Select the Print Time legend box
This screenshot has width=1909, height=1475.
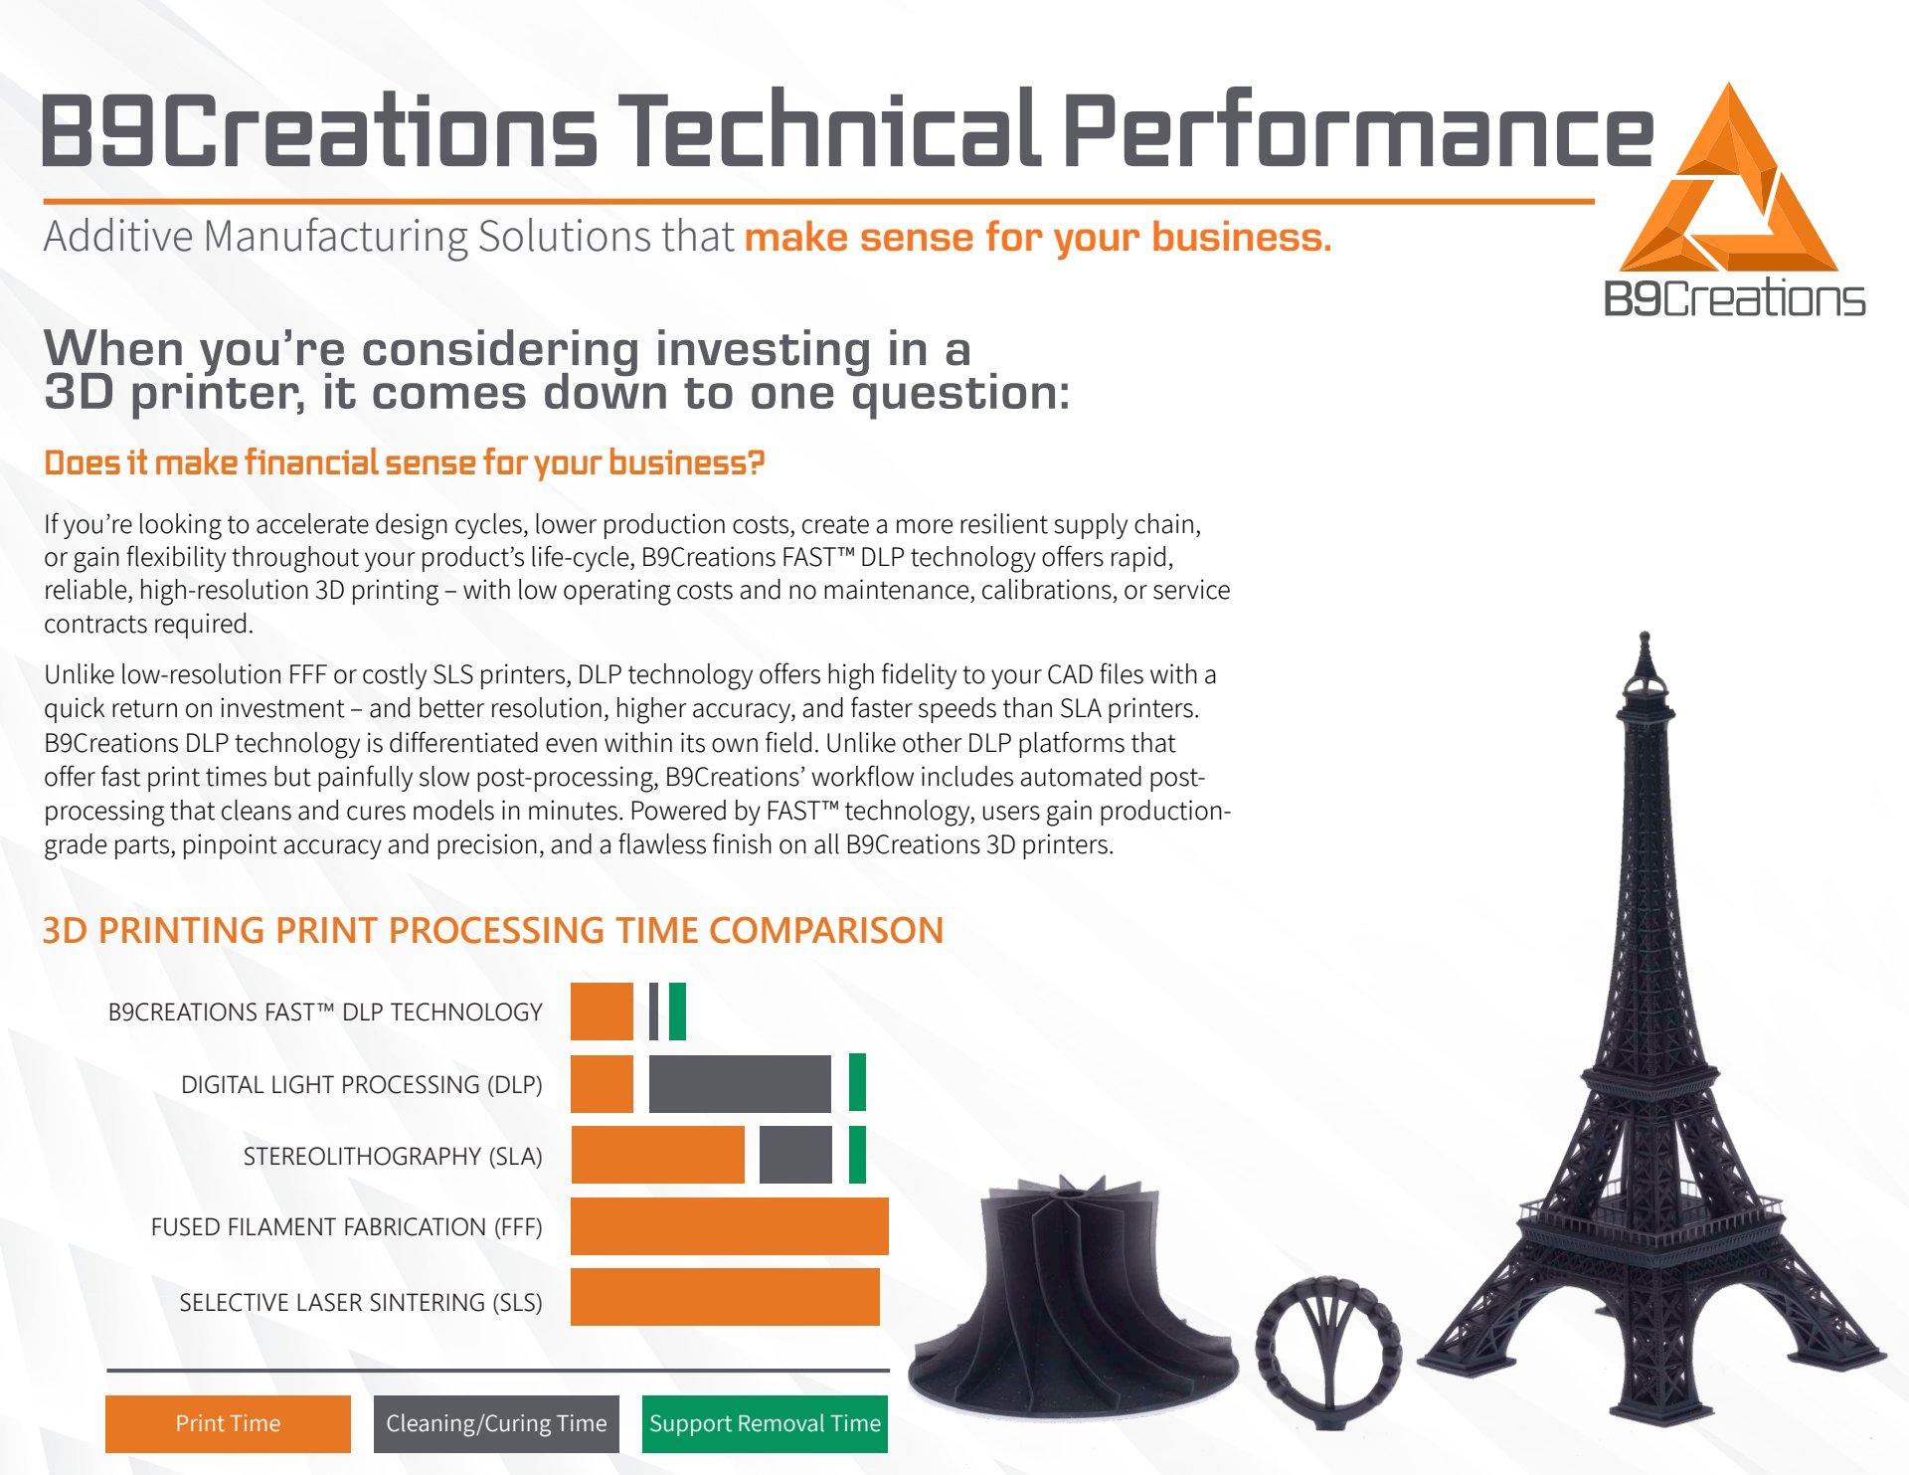pyautogui.click(x=228, y=1423)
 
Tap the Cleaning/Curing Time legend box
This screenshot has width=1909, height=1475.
pyautogui.click(x=496, y=1423)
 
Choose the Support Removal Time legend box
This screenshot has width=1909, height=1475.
pyautogui.click(x=765, y=1423)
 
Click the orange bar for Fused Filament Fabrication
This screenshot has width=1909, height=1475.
pyautogui.click(x=730, y=1226)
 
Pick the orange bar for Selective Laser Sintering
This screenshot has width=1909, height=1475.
pyautogui.click(x=725, y=1297)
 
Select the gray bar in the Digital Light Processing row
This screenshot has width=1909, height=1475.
pyautogui.click(x=740, y=1083)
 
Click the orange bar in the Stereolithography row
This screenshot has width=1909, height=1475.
pyautogui.click(x=657, y=1155)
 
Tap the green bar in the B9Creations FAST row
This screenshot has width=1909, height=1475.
pyautogui.click(x=677, y=1012)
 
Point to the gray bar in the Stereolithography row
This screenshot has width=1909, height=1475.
pyautogui.click(x=795, y=1155)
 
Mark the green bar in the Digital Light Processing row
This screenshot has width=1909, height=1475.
pyautogui.click(x=857, y=1082)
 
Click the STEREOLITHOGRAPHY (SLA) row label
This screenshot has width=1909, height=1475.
pyautogui.click(x=393, y=1157)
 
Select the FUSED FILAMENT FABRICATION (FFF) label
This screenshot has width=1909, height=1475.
pyautogui.click(x=346, y=1227)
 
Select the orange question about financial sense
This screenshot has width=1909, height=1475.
pyautogui.click(x=405, y=463)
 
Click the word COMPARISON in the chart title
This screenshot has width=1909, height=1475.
pyautogui.click(x=826, y=930)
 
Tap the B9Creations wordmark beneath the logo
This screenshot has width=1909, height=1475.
pyautogui.click(x=1735, y=298)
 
